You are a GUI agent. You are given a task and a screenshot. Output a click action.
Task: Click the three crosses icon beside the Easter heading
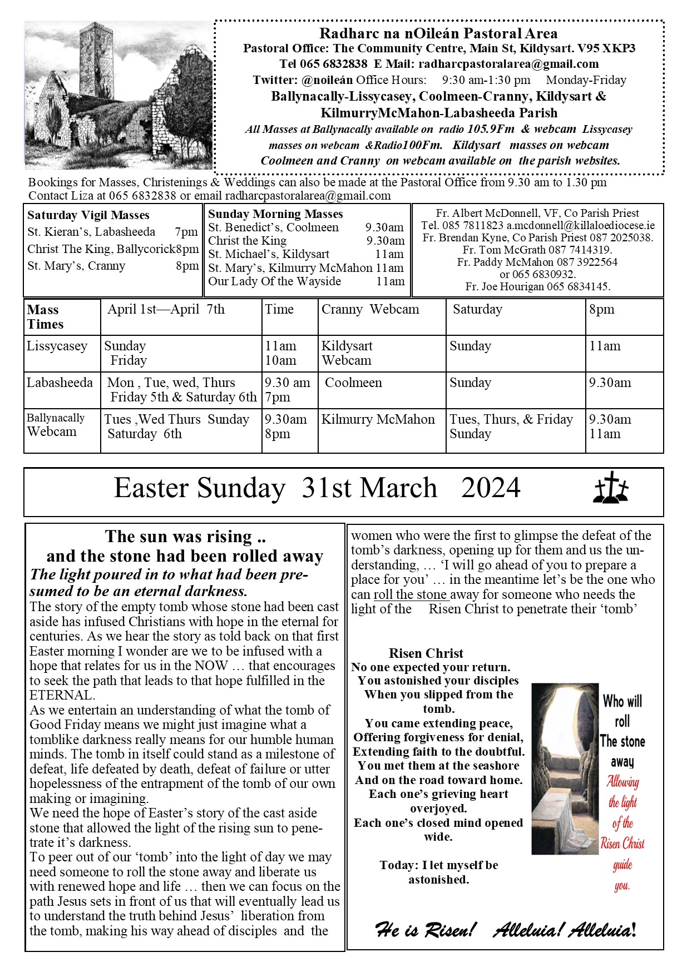[611, 488]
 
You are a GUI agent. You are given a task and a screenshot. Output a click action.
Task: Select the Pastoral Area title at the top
[438, 34]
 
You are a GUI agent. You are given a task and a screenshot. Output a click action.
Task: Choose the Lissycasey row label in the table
[57, 346]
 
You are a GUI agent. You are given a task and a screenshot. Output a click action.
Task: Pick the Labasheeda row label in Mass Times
[60, 383]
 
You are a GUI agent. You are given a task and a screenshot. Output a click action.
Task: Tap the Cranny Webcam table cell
[370, 310]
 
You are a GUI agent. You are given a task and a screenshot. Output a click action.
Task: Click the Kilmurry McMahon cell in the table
[378, 420]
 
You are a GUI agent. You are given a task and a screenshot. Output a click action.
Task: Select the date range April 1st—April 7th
[166, 310]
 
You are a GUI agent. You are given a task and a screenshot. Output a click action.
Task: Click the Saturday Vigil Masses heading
[88, 215]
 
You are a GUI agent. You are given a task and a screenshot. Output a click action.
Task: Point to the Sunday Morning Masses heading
[275, 214]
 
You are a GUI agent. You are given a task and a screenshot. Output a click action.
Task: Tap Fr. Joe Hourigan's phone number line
[537, 287]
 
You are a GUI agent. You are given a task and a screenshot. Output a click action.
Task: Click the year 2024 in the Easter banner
[491, 488]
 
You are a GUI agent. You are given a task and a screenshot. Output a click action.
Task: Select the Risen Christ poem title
[426, 653]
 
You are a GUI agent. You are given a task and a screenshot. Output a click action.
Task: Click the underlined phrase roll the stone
[411, 594]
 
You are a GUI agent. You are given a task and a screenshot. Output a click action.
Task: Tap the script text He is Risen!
[426, 929]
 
